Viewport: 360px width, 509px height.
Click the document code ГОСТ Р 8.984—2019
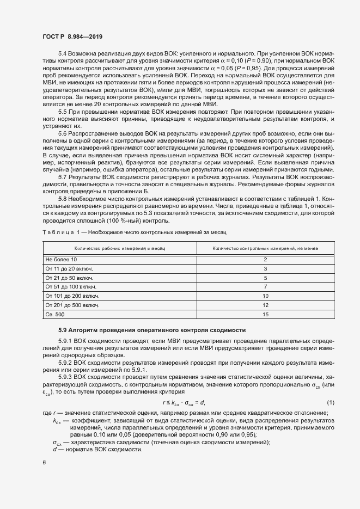point(72,36)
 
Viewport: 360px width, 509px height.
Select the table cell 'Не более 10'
point(62,260)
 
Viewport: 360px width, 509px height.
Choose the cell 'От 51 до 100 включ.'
point(71,286)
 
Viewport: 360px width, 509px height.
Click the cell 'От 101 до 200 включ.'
point(73,295)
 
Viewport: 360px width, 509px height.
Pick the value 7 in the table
point(265,286)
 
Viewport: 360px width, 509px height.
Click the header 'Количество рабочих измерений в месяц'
point(120,248)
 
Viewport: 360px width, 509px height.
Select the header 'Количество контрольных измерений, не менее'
point(265,248)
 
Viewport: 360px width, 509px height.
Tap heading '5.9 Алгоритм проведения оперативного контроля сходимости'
point(152,330)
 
